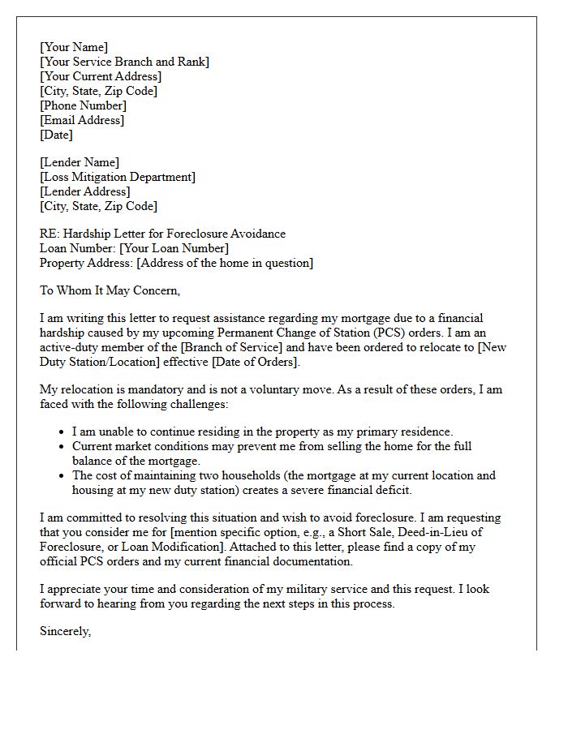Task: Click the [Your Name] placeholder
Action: click(74, 47)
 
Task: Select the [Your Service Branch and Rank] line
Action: click(124, 62)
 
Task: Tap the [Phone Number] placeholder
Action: click(83, 105)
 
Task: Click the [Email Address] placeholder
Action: click(82, 120)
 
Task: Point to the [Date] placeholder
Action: click(56, 135)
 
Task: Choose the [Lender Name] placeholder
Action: click(80, 162)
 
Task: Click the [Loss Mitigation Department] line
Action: click(118, 177)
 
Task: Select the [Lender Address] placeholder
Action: click(85, 191)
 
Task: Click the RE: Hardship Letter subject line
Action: click(162, 234)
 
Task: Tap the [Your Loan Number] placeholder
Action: click(174, 248)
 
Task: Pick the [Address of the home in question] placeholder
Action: click(225, 263)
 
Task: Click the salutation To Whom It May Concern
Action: click(110, 290)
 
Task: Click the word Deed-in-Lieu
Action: click(450, 532)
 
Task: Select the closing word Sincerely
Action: click(65, 631)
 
